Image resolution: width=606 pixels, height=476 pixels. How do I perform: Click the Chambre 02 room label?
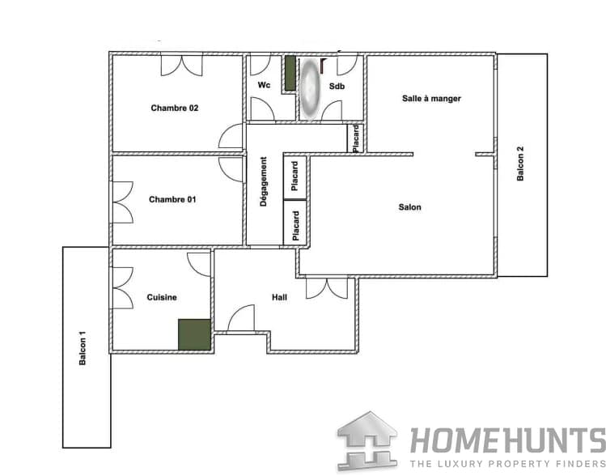[x=174, y=108]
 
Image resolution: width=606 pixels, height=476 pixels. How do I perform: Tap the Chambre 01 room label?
[x=172, y=199]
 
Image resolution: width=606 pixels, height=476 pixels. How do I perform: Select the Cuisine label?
[x=162, y=297]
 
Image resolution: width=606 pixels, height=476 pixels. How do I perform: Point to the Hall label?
[x=279, y=297]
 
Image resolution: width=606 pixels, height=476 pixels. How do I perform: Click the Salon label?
[x=409, y=207]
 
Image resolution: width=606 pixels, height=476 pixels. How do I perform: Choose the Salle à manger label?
[x=431, y=99]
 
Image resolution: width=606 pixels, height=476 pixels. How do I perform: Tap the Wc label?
[x=264, y=85]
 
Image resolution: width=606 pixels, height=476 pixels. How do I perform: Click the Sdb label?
[x=337, y=86]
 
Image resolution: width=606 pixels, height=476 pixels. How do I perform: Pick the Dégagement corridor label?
[x=264, y=181]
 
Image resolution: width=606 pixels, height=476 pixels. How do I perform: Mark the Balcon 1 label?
[x=83, y=348]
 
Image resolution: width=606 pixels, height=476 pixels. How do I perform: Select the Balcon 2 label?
[x=520, y=164]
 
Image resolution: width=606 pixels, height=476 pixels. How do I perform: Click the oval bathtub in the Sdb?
[x=311, y=88]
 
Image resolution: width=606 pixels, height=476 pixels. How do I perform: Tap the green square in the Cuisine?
[x=194, y=334]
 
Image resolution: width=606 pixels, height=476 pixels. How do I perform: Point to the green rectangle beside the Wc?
[x=290, y=74]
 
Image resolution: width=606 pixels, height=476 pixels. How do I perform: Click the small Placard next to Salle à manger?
[x=355, y=138]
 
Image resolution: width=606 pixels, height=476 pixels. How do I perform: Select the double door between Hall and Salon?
[x=327, y=288]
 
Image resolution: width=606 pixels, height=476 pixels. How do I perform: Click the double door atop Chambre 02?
[x=182, y=66]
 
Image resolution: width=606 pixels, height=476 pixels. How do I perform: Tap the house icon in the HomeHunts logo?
[x=367, y=441]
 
